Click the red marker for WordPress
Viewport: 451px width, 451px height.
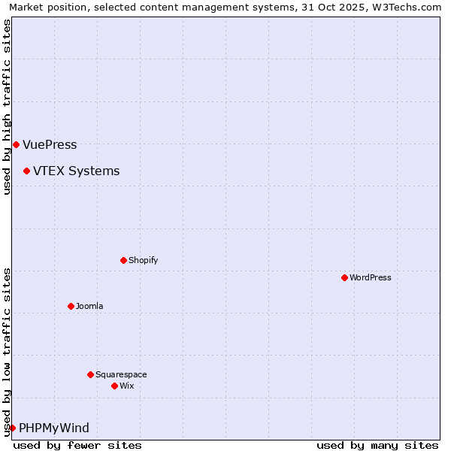pos(344,277)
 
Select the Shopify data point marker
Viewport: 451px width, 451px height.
pos(123,260)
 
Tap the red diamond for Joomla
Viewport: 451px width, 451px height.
pos(71,306)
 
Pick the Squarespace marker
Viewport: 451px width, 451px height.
pos(90,374)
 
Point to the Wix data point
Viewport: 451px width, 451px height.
pos(114,386)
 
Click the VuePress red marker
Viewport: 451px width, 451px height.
pos(16,144)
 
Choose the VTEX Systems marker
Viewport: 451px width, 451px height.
pos(26,171)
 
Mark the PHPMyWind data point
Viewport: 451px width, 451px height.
pos(12,428)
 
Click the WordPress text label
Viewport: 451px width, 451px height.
pos(371,277)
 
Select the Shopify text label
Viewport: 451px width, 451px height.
pos(143,260)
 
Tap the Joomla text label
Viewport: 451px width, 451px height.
pos(89,306)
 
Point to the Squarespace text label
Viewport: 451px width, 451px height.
pos(121,374)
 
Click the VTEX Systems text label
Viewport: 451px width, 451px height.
pos(76,171)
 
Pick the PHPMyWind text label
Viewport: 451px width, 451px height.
pos(53,428)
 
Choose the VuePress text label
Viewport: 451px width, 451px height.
pos(50,144)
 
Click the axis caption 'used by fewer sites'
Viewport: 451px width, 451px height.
pos(77,445)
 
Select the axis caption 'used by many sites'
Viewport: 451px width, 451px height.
pos(377,445)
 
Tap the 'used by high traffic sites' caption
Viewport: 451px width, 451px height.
pos(7,107)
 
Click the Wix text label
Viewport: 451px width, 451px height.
pos(126,386)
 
